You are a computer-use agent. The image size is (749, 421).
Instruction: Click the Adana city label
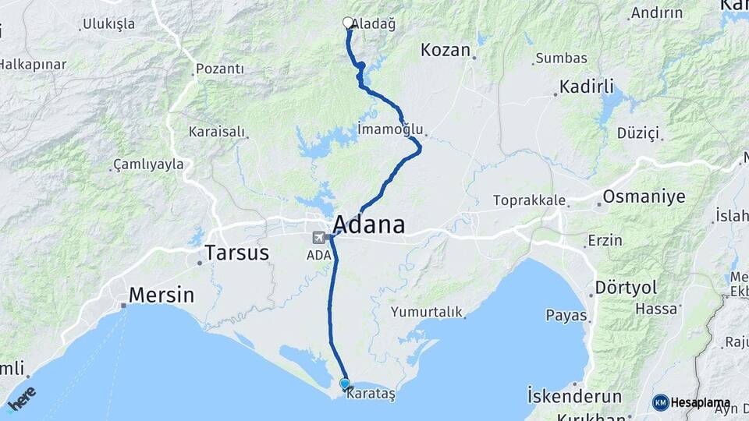click(371, 225)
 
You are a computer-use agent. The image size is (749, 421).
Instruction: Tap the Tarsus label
click(236, 253)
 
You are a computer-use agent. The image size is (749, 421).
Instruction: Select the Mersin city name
click(161, 295)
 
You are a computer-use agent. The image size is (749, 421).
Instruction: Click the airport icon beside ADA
click(318, 237)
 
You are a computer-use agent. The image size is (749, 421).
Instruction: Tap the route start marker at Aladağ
click(348, 23)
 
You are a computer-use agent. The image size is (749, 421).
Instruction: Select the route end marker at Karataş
click(345, 384)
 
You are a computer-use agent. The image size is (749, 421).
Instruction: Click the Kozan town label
click(445, 51)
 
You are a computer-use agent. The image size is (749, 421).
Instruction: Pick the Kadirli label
click(587, 86)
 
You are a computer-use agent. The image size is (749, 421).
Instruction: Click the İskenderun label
click(574, 394)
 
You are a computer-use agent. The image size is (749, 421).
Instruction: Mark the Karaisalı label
click(216, 132)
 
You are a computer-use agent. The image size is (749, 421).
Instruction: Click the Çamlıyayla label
click(148, 164)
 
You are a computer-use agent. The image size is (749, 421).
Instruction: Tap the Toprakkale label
click(529, 200)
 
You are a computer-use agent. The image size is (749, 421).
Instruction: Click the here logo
click(22, 398)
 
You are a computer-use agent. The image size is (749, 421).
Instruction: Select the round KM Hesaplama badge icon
click(661, 402)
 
